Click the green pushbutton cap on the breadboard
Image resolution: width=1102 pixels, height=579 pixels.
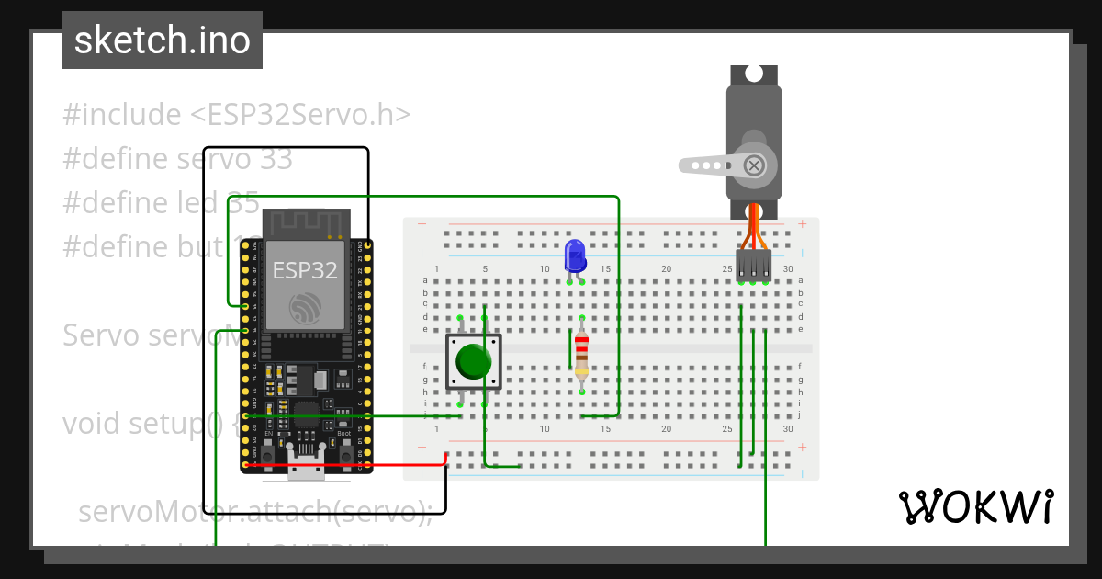(x=474, y=361)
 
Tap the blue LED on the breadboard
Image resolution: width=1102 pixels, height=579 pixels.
(x=576, y=255)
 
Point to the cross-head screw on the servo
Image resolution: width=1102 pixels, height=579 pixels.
(x=754, y=165)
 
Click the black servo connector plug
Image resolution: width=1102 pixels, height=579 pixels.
(x=753, y=265)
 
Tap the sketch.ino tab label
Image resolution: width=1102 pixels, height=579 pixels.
(x=163, y=40)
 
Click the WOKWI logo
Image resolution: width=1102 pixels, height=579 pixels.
(x=975, y=506)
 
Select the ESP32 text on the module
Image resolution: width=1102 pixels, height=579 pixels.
(x=304, y=270)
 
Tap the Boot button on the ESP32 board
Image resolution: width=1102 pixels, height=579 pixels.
(x=344, y=454)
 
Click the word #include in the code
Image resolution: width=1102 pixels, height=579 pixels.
(x=122, y=115)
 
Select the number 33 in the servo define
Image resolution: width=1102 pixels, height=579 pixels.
(x=275, y=159)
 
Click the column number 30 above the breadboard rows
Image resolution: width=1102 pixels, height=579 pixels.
(x=788, y=269)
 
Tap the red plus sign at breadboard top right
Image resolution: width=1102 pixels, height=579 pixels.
(x=803, y=223)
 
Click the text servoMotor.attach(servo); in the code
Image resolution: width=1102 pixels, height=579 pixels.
(x=254, y=512)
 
